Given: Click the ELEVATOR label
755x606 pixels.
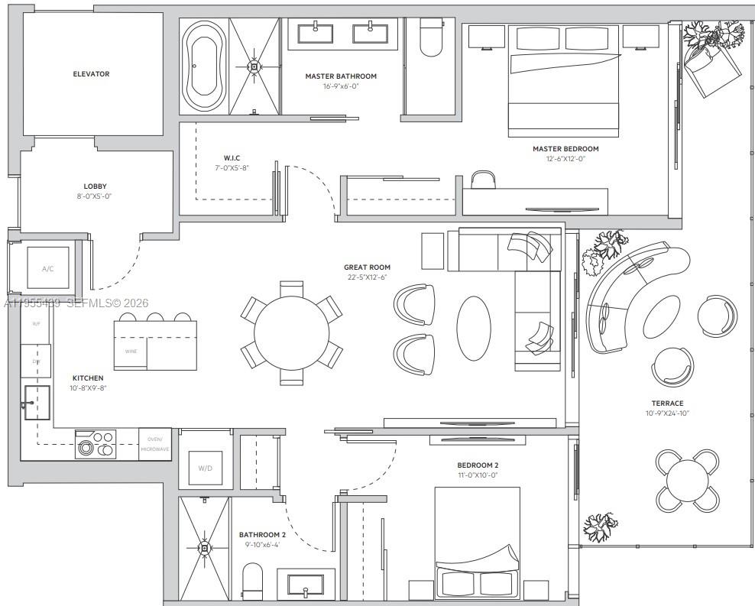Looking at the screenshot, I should [91, 74].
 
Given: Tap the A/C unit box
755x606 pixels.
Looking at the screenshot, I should [48, 269].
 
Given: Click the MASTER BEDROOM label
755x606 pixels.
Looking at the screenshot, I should [565, 149].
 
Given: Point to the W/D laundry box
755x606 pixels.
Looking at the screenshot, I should [205, 468].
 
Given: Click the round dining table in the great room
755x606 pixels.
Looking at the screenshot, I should [291, 333].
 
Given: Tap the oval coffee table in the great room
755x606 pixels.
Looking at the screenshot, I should [474, 328].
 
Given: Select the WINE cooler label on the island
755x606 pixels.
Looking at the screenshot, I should [131, 351].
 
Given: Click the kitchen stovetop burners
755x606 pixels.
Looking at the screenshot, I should [96, 444].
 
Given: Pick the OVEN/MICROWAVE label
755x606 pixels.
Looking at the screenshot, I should [154, 444].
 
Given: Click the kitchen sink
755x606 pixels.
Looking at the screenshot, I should [37, 402].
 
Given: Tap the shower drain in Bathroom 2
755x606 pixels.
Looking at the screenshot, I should [204, 547].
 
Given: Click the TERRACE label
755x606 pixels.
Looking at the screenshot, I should [667, 403].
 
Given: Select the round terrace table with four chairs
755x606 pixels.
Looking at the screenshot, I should [687, 480].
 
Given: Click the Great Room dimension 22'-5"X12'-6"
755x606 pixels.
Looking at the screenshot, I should [367, 277].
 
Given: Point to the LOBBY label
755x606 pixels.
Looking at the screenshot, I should [96, 186].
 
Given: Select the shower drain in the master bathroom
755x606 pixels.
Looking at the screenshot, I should [254, 66].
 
